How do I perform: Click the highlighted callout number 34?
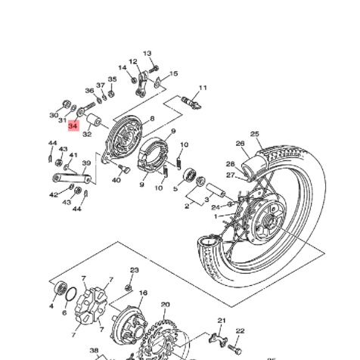pyautogui.click(x=73, y=126)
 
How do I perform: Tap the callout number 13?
pyautogui.click(x=147, y=54)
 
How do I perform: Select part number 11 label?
pyautogui.click(x=203, y=88)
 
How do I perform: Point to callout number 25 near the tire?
pyautogui.click(x=255, y=134)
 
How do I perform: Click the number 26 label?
pyautogui.click(x=241, y=144)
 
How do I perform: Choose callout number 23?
pyautogui.click(x=134, y=270)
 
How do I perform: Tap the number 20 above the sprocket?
pyautogui.click(x=166, y=305)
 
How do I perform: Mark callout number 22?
pyautogui.click(x=240, y=331)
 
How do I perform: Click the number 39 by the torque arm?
pyautogui.click(x=86, y=163)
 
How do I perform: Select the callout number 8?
pyautogui.click(x=151, y=119)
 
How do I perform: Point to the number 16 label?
pyautogui.click(x=142, y=293)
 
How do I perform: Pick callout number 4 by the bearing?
pyautogui.click(x=52, y=306)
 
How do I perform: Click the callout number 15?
pyautogui.click(x=174, y=74)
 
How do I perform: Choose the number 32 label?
pyautogui.click(x=87, y=134)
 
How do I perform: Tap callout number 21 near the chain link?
pyautogui.click(x=222, y=321)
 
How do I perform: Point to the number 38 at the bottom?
pyautogui.click(x=94, y=351)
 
